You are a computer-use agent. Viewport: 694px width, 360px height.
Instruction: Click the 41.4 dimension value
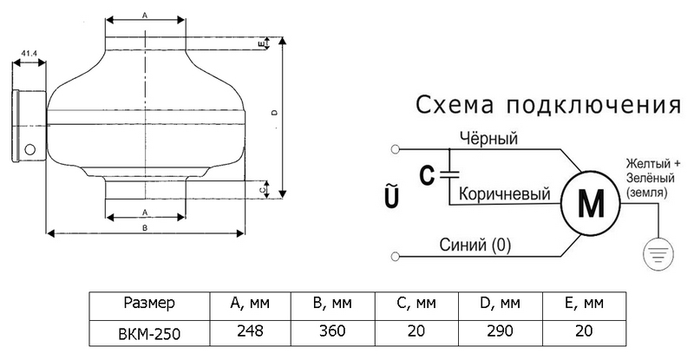point(29,53)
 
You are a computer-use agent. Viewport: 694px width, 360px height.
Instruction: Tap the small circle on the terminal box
point(29,149)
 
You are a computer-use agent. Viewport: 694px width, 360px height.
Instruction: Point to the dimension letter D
point(274,113)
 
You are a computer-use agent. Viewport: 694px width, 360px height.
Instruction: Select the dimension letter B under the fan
point(145,227)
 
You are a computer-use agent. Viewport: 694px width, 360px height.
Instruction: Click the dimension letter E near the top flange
point(261,43)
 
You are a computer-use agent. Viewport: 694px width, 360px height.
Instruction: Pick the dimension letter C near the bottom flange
point(262,189)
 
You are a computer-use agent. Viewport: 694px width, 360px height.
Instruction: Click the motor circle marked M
point(591,203)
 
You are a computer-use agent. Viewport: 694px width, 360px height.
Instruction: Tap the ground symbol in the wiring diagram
point(658,253)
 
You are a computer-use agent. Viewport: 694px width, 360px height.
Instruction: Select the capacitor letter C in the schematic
point(427,175)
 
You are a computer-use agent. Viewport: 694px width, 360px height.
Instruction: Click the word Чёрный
point(488,138)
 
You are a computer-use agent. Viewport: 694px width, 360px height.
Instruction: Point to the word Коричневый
point(504,193)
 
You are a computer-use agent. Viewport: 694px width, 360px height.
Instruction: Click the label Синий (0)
point(475,245)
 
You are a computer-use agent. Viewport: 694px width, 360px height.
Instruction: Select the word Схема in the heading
point(455,105)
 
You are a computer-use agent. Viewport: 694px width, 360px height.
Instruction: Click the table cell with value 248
point(250,331)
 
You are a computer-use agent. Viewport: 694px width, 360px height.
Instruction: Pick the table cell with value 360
point(332,331)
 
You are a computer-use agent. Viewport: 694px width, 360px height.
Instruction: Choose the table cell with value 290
point(501,331)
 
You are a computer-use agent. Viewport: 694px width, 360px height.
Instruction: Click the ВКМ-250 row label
point(149,333)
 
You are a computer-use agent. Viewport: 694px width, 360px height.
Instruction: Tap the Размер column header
point(149,304)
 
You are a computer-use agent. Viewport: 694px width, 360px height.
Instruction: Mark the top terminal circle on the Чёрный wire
point(396,149)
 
